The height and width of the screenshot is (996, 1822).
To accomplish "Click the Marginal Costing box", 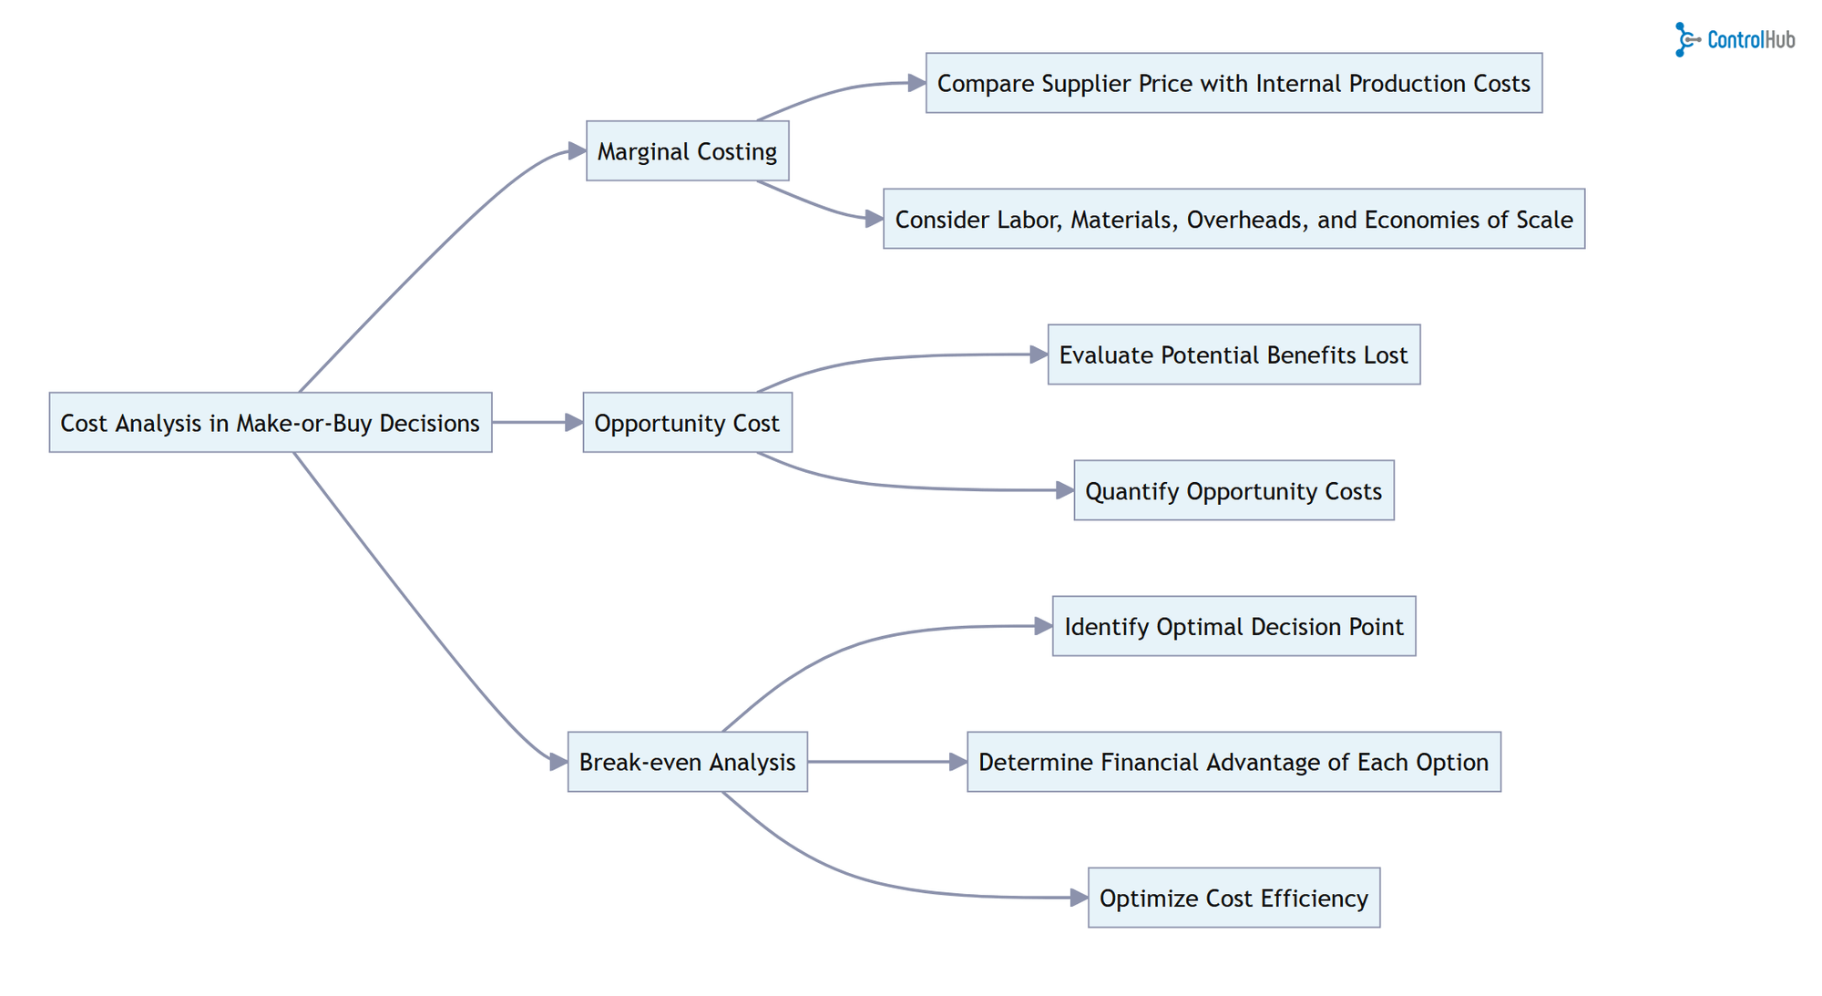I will tap(687, 151).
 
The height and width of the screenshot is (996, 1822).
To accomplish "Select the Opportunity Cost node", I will tap(687, 423).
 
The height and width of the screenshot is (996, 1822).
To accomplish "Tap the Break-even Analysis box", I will tap(687, 762).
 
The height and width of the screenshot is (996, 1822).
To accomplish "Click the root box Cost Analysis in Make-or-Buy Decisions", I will tap(270, 423).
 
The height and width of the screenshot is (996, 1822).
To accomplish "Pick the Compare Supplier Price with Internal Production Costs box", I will tap(1233, 84).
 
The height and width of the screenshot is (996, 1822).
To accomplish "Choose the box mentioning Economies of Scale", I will tap(1233, 220).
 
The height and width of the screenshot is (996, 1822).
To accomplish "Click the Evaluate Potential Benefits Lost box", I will tap(1233, 355).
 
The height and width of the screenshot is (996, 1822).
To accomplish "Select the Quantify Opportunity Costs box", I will tap(1233, 491).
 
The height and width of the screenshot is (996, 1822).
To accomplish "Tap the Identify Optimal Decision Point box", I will tap(1233, 627).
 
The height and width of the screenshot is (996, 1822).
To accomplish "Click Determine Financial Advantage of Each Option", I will tap(1233, 762).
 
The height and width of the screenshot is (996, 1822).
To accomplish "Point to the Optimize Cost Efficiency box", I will tap(1233, 898).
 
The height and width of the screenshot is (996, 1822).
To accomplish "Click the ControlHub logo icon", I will tap(1686, 40).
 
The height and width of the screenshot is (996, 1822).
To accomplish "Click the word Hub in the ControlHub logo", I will tap(1779, 40).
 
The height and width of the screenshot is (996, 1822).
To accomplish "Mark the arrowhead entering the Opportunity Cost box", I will tap(574, 423).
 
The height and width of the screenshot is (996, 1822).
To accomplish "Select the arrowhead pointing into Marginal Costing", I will tap(577, 151).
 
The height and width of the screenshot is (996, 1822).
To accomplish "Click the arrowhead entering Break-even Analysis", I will tap(558, 762).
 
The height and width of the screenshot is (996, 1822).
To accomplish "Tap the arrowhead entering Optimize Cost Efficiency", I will tap(1079, 898).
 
